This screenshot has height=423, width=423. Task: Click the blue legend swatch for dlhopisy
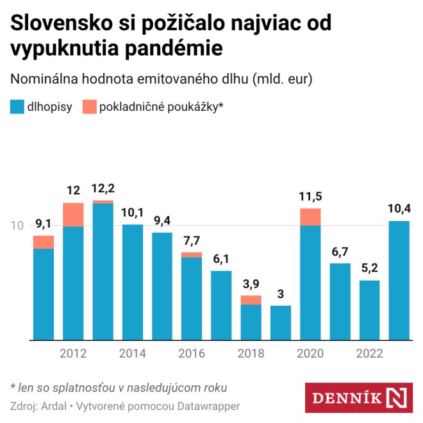[x=17, y=107]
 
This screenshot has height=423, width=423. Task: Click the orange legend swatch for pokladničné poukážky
[x=89, y=107]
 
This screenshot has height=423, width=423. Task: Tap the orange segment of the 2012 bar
[x=73, y=215]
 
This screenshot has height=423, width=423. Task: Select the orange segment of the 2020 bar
[x=310, y=217]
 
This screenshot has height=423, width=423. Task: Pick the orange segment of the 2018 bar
[x=251, y=300]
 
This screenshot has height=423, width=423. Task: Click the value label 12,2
[x=103, y=188]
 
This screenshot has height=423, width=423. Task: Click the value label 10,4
[x=399, y=208]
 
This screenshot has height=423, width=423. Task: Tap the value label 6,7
[x=340, y=251]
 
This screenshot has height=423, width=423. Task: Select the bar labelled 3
[x=281, y=322]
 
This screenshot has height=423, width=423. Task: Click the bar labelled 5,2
[x=369, y=310]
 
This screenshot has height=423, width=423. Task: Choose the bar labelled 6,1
[x=221, y=305]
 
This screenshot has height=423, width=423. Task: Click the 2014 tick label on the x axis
[x=133, y=354]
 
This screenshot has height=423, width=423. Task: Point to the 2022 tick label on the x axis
[x=370, y=354]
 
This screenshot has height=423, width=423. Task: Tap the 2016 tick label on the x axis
[x=192, y=354]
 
